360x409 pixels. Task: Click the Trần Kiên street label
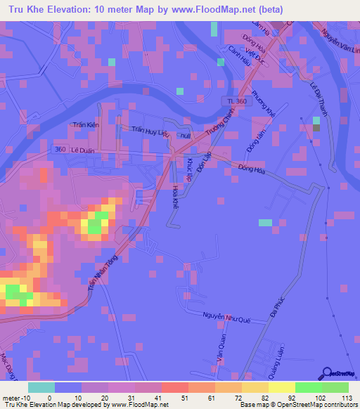click(x=84, y=126)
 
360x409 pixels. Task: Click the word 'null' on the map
click(x=185, y=136)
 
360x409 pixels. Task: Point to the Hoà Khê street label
click(x=175, y=195)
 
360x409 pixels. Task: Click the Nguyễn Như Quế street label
click(x=226, y=318)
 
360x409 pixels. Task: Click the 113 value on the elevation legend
click(x=346, y=398)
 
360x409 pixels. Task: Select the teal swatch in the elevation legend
click(x=41, y=387)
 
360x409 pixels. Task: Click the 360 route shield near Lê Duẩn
click(x=62, y=150)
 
